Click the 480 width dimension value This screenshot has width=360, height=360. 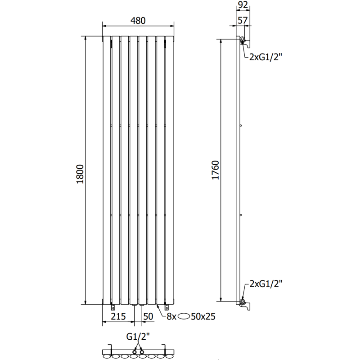138,20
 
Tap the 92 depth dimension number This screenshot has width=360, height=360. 243,5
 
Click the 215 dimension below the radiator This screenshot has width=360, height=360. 118,316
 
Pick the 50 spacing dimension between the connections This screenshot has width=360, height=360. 147,316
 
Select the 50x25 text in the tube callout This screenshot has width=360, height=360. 202,316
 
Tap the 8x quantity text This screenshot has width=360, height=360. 171,316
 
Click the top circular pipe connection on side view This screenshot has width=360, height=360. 243,41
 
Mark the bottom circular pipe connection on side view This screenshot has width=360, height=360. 243,301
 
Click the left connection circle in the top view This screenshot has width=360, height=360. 134,350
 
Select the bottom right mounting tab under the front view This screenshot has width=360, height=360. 165,307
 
